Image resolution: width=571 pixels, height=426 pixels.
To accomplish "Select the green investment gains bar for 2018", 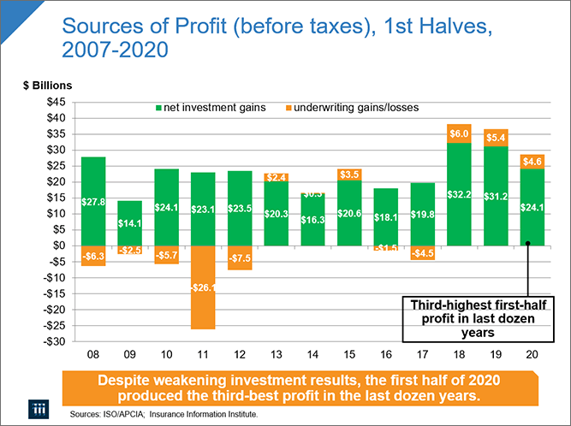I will coord(459,194).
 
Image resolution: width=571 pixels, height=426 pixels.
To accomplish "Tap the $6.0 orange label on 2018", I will coord(459,133).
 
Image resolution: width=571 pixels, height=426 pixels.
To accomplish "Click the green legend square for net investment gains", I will coord(159,109).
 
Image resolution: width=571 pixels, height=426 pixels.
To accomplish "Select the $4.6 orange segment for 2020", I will coord(531,161).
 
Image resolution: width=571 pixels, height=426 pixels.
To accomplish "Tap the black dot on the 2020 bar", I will coord(528,243).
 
